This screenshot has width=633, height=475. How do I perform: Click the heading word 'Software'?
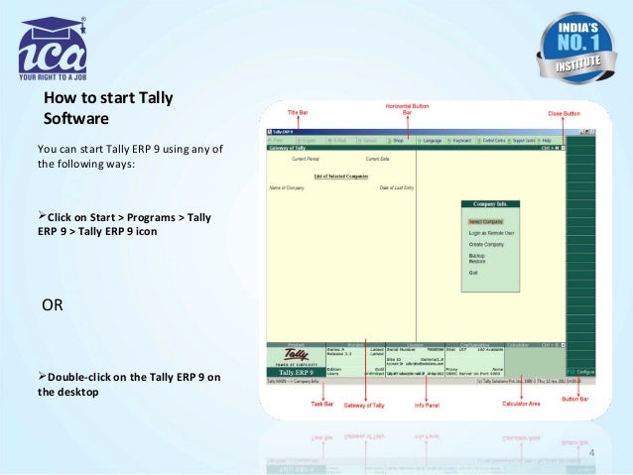[x=75, y=119]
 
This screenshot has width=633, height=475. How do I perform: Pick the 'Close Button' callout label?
[x=565, y=114]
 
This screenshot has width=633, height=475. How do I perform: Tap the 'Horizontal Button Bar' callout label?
[x=406, y=109]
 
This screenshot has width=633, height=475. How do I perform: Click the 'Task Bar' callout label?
[x=321, y=404]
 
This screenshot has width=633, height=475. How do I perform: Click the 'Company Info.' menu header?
[x=490, y=204]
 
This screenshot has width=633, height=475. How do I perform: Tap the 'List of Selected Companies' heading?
[x=336, y=177]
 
